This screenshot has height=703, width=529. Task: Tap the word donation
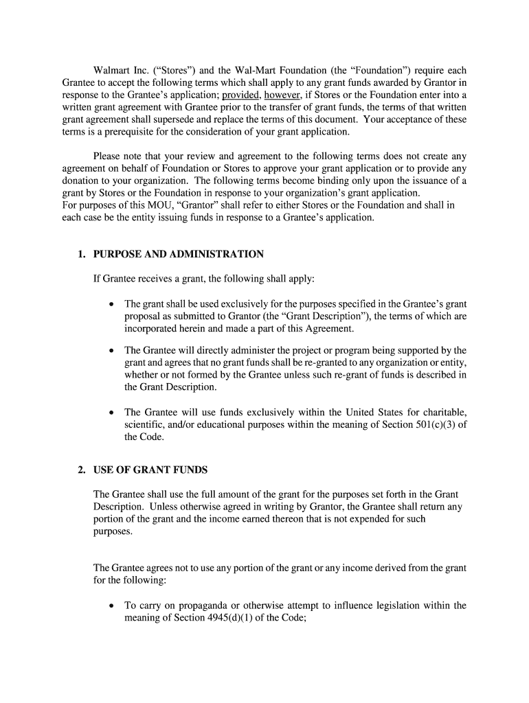coord(83,181)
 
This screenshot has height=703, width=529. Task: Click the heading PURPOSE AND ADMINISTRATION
coord(178,255)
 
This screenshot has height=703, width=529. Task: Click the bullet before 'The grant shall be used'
coord(111,304)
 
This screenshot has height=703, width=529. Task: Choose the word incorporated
coord(154,329)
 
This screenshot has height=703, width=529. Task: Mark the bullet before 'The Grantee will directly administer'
coord(111,351)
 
